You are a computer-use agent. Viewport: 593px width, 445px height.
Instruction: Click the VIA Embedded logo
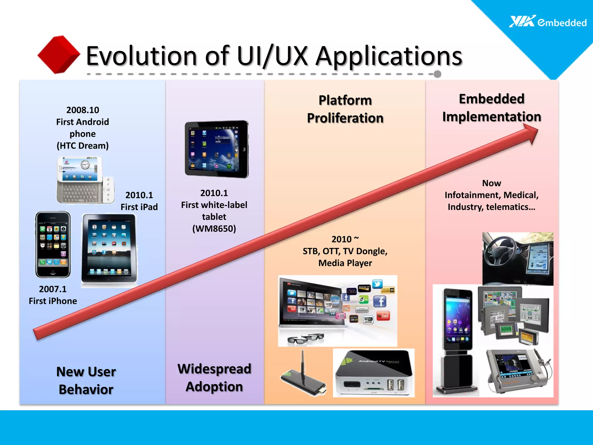[548, 22]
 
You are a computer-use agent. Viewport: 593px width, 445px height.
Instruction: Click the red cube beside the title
[59, 54]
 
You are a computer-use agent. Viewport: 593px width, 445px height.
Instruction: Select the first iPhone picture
[53, 245]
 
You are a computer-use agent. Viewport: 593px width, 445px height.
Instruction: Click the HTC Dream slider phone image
[85, 180]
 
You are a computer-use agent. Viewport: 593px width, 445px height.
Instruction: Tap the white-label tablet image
[217, 149]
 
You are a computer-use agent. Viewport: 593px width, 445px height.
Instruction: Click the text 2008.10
[83, 110]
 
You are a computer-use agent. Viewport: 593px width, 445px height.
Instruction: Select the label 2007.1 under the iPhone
[53, 289]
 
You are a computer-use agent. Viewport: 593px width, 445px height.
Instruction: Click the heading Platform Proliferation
[345, 109]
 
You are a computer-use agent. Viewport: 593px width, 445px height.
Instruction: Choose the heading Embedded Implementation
[492, 108]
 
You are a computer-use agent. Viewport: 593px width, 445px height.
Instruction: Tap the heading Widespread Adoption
[214, 378]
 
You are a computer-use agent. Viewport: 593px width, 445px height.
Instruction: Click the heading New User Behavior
[86, 380]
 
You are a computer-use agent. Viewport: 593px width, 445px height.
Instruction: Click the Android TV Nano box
[374, 373]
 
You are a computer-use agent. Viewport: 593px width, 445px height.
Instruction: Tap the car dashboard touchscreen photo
[518, 259]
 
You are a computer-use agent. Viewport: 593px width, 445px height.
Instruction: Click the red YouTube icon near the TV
[383, 315]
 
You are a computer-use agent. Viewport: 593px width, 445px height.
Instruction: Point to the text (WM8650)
[214, 229]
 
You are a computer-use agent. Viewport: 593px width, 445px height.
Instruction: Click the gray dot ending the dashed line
[438, 74]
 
